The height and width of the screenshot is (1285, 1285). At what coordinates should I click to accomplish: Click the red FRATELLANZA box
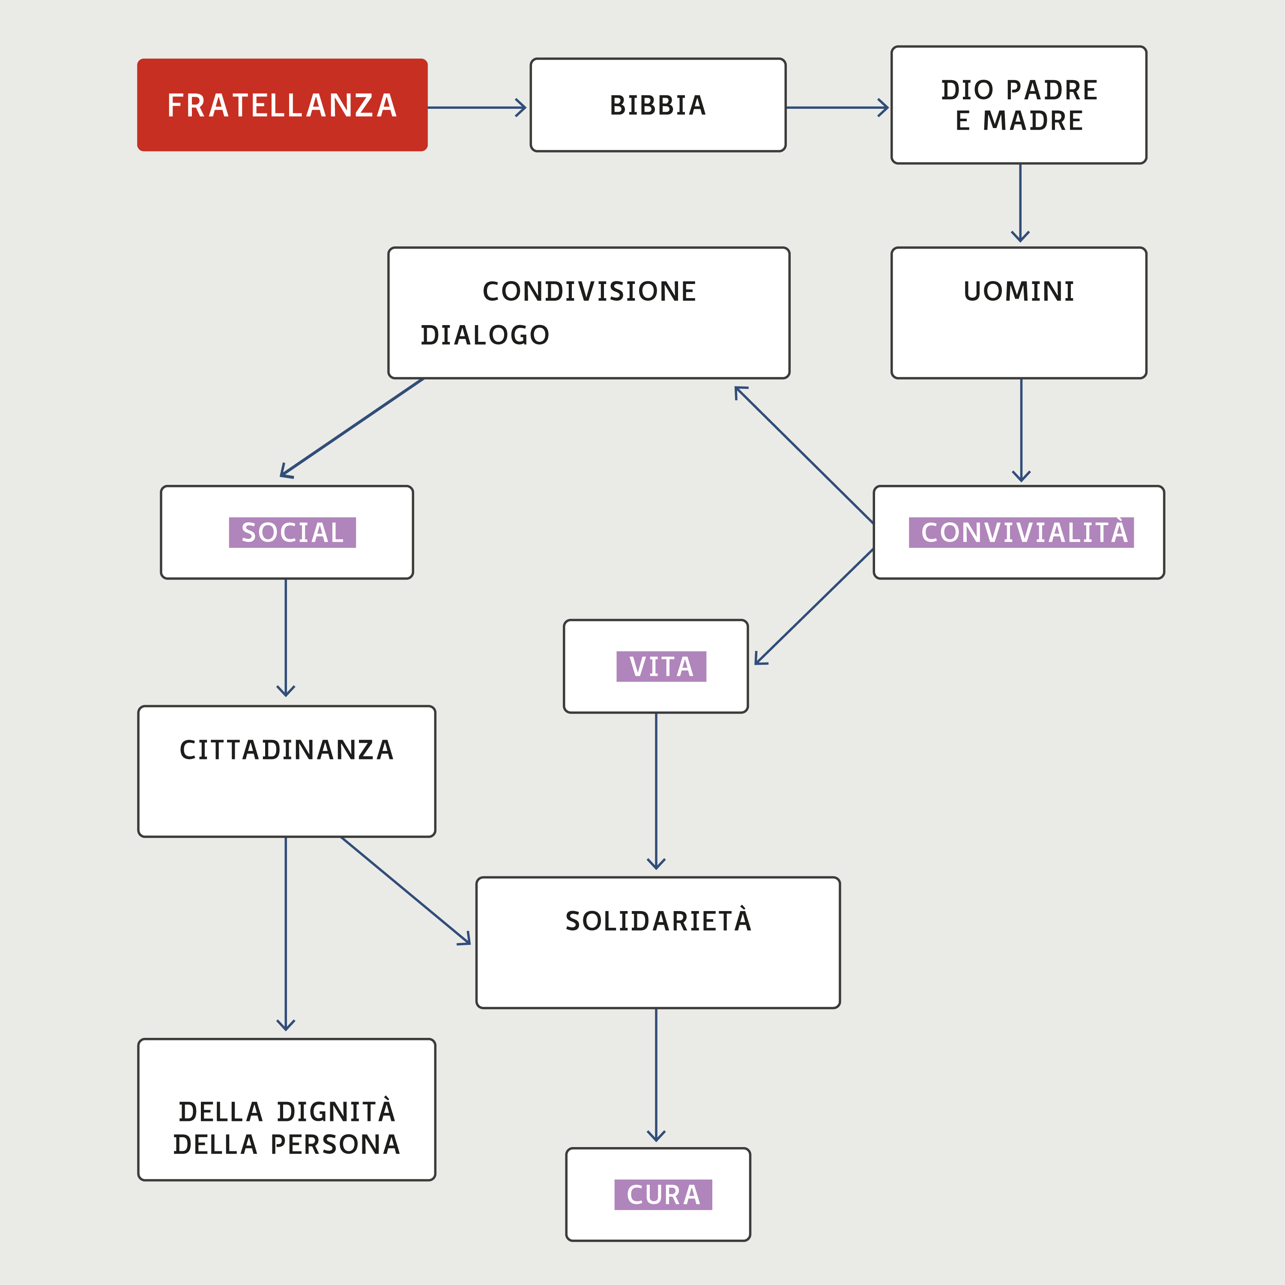coord(282,105)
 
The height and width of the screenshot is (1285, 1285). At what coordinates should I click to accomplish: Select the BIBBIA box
coord(658,105)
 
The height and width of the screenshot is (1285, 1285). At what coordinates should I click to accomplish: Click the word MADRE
coord(1033,121)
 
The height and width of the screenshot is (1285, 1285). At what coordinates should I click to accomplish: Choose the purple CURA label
coord(663,1195)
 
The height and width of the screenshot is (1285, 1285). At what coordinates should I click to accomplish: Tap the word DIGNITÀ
coord(336,1112)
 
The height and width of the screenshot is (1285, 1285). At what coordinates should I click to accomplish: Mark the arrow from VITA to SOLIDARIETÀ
coord(657,792)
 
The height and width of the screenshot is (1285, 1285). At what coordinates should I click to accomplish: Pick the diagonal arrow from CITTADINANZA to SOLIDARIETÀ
coord(406,890)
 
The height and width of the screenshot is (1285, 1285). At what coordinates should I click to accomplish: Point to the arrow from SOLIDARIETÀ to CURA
coord(657,1074)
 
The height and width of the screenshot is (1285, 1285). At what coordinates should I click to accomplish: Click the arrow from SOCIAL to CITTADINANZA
coord(286,637)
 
